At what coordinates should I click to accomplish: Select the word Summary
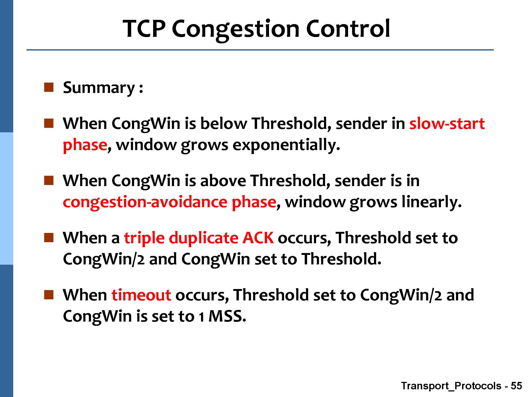coord(99,88)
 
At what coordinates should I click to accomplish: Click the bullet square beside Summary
coord(49,87)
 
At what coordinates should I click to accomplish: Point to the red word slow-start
coord(447,123)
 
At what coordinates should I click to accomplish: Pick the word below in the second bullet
coord(224,123)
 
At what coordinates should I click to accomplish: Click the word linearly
coord(431,202)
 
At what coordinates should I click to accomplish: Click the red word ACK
coord(258,237)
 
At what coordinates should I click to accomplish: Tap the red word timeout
coord(141,295)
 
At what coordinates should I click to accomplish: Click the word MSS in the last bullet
coord(227,316)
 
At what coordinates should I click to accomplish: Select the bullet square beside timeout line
coord(49,295)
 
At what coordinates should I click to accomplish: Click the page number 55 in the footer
coord(516,386)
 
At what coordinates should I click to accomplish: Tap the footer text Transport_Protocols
coord(451,386)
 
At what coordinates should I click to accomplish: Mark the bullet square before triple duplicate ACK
coord(49,237)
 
